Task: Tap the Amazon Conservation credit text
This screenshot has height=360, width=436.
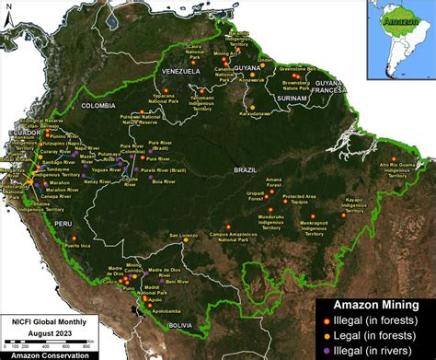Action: [46, 354]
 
